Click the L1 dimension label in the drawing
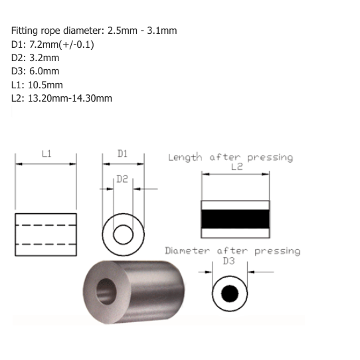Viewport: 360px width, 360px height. click(46, 153)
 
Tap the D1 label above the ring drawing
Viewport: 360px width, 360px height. click(122, 153)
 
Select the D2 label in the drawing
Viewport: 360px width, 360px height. click(122, 179)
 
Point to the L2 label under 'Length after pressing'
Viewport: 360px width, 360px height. click(236, 167)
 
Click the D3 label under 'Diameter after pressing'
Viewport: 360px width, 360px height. click(229, 261)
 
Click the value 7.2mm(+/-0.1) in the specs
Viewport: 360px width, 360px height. click(62, 45)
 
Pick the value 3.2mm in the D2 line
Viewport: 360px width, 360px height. click(44, 58)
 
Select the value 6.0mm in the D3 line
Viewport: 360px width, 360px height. click(44, 71)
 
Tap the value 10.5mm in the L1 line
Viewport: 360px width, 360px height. click(45, 85)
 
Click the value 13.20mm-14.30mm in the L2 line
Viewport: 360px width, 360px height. click(70, 98)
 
